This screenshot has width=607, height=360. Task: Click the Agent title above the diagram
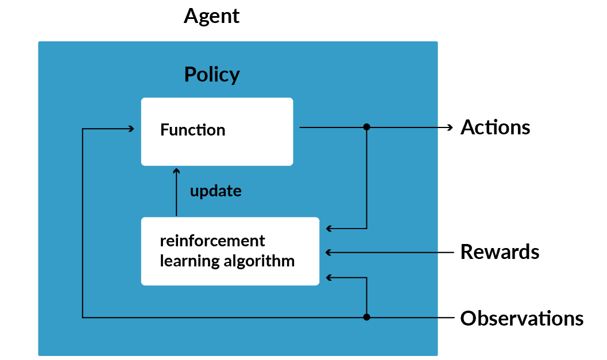coord(211,16)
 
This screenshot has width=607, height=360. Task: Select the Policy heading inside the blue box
coord(211,75)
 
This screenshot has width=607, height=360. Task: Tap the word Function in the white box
coord(192,130)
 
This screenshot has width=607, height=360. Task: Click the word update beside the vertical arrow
coord(215,191)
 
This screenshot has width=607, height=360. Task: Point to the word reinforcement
coord(212,240)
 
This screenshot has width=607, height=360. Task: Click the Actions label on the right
coord(495,127)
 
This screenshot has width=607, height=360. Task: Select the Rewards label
coord(500,252)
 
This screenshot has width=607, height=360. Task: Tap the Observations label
coord(521,318)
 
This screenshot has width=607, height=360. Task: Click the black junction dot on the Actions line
coord(367,127)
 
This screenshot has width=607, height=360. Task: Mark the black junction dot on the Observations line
coord(367,317)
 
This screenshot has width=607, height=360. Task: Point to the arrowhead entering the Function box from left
coord(132,129)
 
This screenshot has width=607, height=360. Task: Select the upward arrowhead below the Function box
coord(177,171)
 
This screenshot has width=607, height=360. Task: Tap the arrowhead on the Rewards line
coord(328,252)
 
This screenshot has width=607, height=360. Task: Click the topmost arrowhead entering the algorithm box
coord(329,229)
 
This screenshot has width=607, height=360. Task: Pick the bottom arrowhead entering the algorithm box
coord(329,277)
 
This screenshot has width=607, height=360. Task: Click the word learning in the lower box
coord(181,261)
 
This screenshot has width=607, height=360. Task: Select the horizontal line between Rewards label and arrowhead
coord(391,252)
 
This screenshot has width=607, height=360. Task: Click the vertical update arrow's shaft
coord(177,195)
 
